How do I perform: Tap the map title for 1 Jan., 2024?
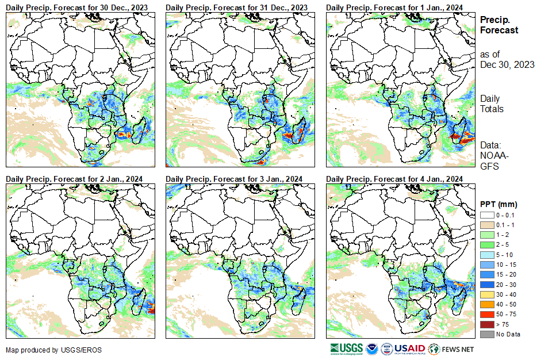tap(394, 7)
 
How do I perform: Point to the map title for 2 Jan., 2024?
tap(74, 179)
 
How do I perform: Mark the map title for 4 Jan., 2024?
tap(394, 179)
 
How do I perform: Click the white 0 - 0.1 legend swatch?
tap(488, 215)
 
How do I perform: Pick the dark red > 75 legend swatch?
tap(488, 325)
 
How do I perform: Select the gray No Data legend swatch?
tap(488, 334)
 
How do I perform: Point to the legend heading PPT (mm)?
tap(499, 204)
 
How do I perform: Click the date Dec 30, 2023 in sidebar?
tap(507, 64)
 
